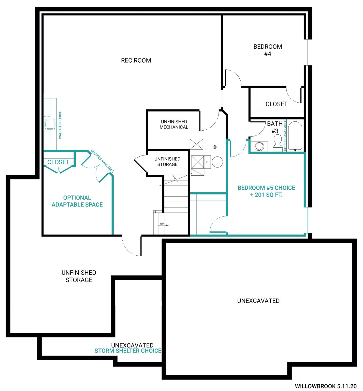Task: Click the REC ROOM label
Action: click(136, 60)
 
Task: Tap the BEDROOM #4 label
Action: click(268, 50)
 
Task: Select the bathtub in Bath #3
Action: click(295, 136)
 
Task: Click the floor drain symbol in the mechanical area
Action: click(215, 147)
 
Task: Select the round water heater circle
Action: click(217, 162)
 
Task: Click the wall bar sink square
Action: click(50, 124)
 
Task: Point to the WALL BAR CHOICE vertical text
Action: click(60, 125)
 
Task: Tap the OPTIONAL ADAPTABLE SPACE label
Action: click(77, 201)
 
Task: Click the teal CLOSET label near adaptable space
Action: click(58, 162)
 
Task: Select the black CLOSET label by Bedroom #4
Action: click(276, 104)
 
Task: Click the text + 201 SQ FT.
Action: click(266, 195)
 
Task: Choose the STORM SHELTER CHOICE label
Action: click(128, 351)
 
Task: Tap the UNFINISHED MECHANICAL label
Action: click(174, 124)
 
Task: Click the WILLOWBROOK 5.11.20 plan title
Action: click(326, 386)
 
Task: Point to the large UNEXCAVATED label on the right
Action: click(258, 301)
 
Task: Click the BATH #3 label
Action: click(275, 127)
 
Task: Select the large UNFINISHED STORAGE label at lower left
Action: click(79, 276)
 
